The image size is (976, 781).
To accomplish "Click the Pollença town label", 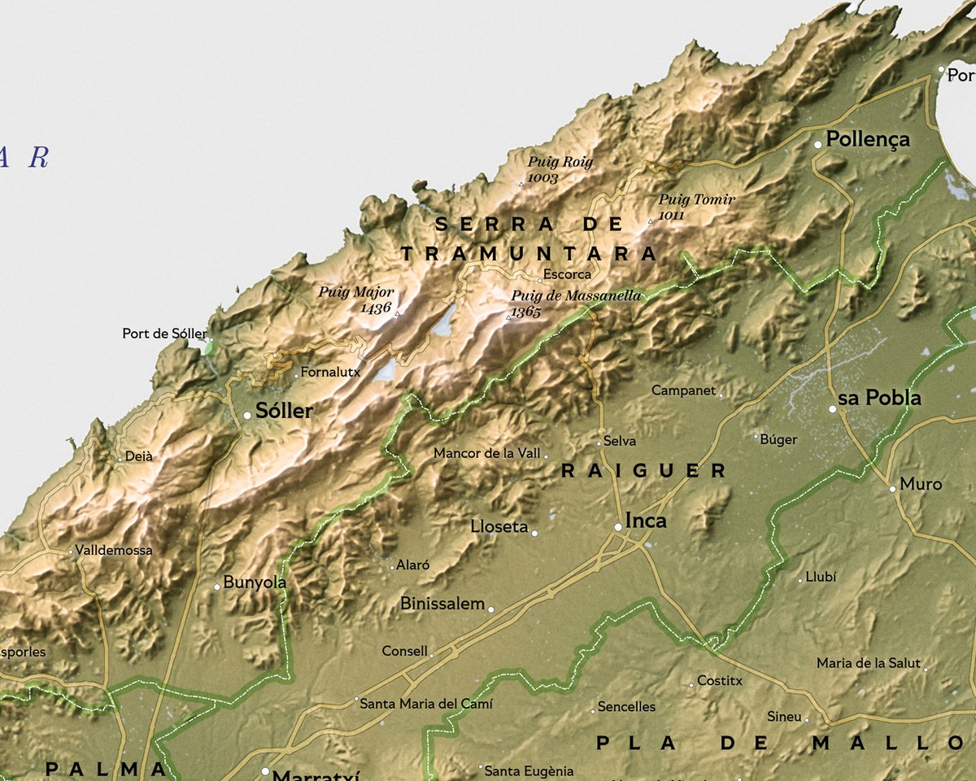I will coord(868,139).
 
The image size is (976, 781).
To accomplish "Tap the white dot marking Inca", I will coord(618,527).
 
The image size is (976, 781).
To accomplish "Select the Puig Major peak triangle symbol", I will coord(398,312).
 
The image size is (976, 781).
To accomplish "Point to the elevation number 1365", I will coord(526,312).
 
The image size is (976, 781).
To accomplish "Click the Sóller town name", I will coord(284,411).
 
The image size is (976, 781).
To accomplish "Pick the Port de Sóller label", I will coord(164,334).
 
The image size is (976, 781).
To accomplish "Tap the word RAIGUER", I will coord(644,470).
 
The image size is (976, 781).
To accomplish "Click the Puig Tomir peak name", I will coord(697,199).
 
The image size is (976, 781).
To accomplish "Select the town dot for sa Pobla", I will coord(832,409).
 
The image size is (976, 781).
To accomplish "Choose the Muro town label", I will coord(921,484).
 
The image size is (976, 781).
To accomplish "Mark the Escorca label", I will coord(568,274).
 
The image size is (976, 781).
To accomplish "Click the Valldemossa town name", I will coord(114,550).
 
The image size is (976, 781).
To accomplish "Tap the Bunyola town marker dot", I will coord(217,587).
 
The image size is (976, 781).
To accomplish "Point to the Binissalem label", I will coord(442,604).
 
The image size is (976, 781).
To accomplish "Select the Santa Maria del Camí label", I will coord(426,703).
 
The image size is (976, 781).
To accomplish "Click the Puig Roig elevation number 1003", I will coord(542,177).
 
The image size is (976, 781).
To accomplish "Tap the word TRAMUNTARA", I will coord(529,254).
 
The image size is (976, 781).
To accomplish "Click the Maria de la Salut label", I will coord(869,663).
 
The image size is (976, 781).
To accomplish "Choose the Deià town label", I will coord(138,456).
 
